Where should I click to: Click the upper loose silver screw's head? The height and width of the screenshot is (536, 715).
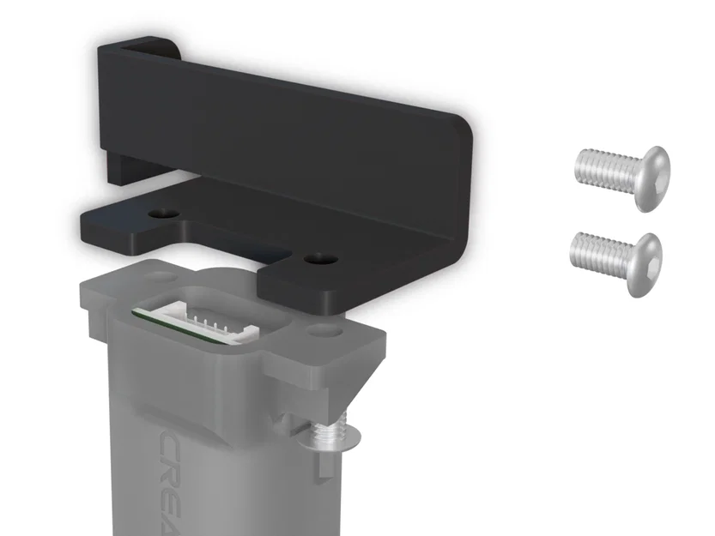pyautogui.click(x=653, y=176)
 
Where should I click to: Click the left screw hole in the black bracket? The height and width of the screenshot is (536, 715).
pyautogui.click(x=162, y=211)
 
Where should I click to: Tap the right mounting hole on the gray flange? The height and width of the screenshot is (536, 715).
pyautogui.click(x=324, y=329)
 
